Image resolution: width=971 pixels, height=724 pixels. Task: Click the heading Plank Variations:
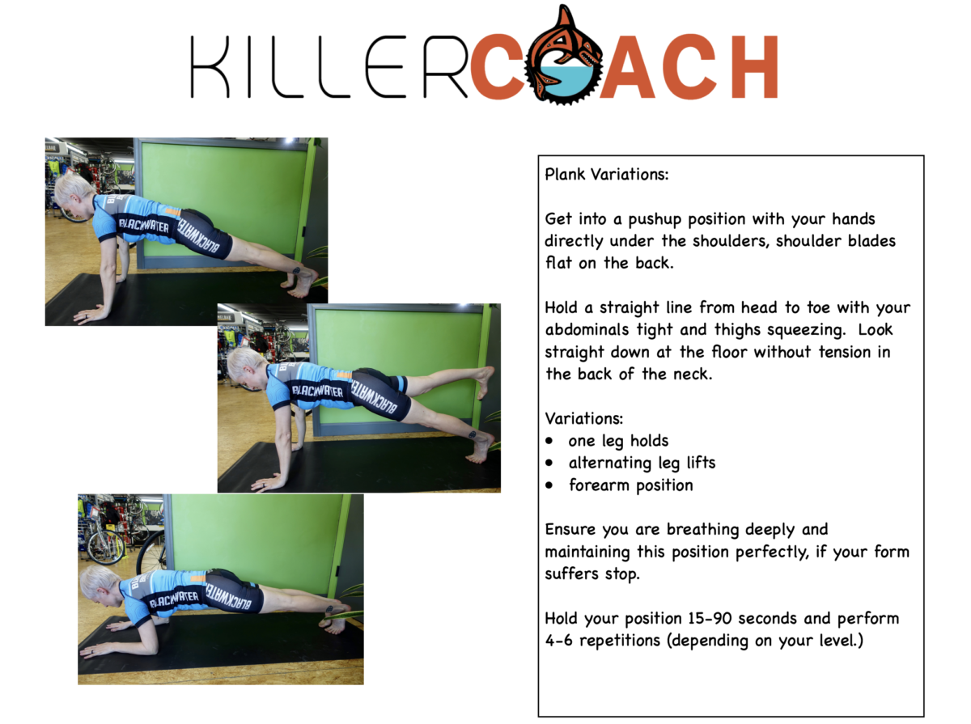[607, 174]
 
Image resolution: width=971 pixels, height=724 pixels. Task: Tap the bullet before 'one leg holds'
[549, 441]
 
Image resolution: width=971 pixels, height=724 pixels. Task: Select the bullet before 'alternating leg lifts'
[549, 463]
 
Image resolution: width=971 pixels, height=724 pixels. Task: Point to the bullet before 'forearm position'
[549, 485]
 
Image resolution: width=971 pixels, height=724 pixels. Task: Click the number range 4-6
[558, 640]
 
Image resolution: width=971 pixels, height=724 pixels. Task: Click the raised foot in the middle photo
[485, 381]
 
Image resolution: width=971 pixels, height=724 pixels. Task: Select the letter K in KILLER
[210, 66]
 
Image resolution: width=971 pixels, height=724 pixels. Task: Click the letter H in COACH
[753, 66]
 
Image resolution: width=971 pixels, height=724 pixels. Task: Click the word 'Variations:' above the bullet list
[584, 418]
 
